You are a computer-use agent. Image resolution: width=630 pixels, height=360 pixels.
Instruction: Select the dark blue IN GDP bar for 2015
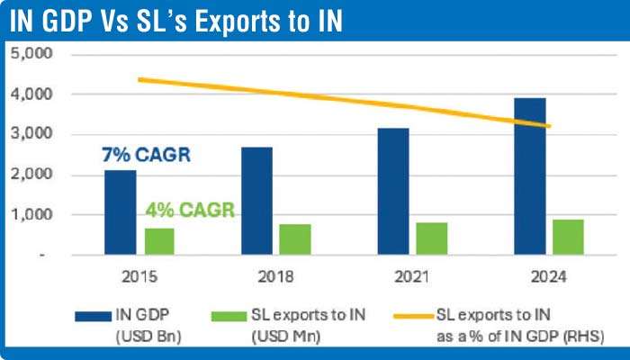[120, 212]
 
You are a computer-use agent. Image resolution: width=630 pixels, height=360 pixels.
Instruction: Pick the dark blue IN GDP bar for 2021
[392, 192]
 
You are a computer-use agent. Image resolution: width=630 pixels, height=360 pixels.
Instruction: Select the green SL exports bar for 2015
[158, 241]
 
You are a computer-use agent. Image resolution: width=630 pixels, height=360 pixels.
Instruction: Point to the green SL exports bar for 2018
[295, 239]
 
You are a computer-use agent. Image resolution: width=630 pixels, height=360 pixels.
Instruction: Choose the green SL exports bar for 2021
[432, 238]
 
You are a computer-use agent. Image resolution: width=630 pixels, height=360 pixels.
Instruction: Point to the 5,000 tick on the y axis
[32, 54]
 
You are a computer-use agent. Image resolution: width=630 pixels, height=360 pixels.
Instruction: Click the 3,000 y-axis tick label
[32, 134]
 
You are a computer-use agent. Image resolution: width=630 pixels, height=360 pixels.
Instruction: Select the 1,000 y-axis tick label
[32, 215]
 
